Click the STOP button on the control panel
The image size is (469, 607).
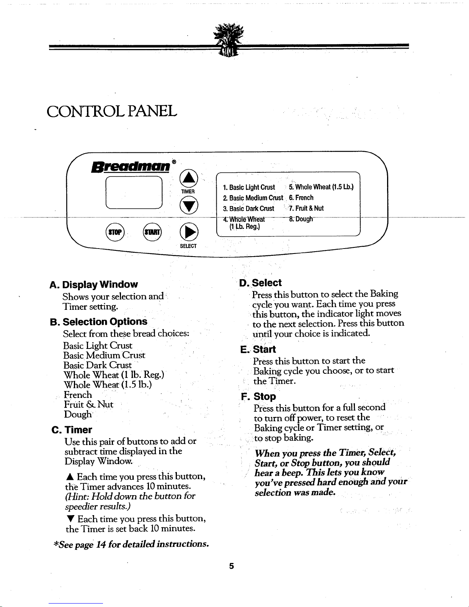(x=113, y=232)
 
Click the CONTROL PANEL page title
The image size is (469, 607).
(x=112, y=111)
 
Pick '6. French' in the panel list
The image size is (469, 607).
(x=301, y=198)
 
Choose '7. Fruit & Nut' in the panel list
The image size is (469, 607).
(x=306, y=208)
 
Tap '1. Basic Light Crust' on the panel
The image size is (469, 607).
(x=249, y=187)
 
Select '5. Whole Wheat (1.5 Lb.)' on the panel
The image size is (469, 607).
(x=321, y=187)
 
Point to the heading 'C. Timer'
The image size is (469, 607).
(x=72, y=430)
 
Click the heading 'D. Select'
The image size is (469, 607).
(x=260, y=283)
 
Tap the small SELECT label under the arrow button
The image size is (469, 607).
(x=188, y=246)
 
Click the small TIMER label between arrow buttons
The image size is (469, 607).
(x=188, y=191)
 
